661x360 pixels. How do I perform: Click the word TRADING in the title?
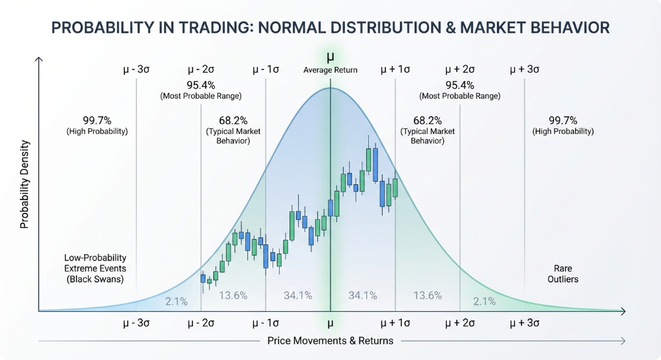214,28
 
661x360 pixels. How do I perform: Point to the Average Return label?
330,70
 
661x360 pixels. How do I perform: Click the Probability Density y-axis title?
24,184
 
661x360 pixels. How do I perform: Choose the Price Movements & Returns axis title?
330,341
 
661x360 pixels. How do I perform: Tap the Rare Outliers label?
563,273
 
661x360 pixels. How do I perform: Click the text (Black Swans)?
95,279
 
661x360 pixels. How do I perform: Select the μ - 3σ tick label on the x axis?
136,324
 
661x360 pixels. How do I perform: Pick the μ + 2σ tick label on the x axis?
460,324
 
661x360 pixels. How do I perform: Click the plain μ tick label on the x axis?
330,324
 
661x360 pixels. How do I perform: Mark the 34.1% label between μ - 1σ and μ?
298,295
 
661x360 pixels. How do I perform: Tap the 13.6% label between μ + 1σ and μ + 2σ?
428,295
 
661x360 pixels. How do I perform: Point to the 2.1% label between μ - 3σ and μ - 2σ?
176,301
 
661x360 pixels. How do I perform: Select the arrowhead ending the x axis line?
623,311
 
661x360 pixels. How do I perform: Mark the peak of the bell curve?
330,88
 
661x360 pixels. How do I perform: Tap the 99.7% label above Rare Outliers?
563,121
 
